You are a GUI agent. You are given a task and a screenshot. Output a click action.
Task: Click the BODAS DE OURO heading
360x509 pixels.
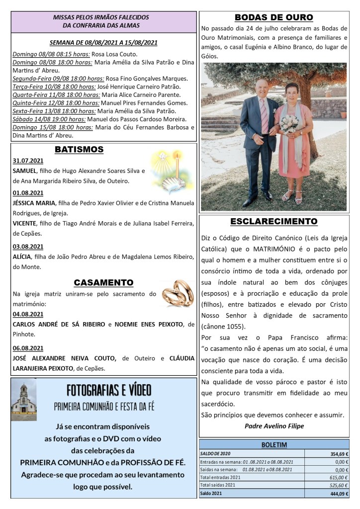(273, 17)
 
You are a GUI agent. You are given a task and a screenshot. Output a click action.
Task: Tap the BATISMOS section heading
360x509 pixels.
(79, 149)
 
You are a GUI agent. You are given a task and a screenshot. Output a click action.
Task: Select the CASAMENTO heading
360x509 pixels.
(103, 283)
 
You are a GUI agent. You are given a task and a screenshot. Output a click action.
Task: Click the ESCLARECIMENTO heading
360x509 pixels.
(273, 221)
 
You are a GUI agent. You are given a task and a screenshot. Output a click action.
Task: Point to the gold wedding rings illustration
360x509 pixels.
(178, 294)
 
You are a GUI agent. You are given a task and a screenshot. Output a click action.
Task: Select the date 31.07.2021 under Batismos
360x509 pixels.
(27, 161)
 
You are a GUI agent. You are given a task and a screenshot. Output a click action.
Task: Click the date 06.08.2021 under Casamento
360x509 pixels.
(27, 348)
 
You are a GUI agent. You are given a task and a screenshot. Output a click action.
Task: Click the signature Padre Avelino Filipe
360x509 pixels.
(274, 426)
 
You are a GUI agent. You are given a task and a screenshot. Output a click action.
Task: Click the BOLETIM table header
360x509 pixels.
(274, 445)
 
